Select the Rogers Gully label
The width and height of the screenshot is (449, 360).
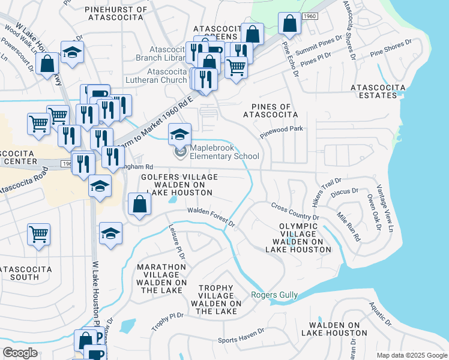(x=273, y=294)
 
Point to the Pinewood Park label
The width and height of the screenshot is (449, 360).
(x=282, y=132)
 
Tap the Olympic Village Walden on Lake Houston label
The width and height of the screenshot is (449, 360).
(x=297, y=237)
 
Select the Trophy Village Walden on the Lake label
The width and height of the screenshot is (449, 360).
(x=215, y=299)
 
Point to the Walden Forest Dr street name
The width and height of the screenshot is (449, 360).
(x=211, y=215)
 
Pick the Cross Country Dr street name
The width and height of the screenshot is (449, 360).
(x=294, y=212)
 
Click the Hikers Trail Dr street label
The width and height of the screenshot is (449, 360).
(x=327, y=191)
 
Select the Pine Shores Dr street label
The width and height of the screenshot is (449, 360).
(x=391, y=49)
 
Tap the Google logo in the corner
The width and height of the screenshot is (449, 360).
(x=20, y=353)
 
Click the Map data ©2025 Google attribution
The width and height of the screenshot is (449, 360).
(x=411, y=355)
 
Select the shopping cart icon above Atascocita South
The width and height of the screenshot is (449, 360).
(x=39, y=234)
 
